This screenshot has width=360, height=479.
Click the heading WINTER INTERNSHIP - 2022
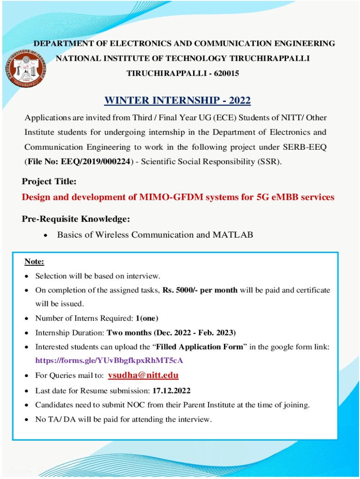(x=177, y=101)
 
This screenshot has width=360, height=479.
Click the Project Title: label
(x=49, y=181)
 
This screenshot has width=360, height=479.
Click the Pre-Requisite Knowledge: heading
(x=76, y=219)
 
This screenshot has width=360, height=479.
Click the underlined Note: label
(x=34, y=261)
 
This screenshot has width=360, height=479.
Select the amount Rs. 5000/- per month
(x=200, y=290)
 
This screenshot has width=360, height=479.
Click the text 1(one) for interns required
(x=147, y=319)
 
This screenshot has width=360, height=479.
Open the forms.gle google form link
(x=109, y=361)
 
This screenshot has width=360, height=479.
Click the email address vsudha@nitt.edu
(x=143, y=376)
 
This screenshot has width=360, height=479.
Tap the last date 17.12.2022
(x=170, y=391)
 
